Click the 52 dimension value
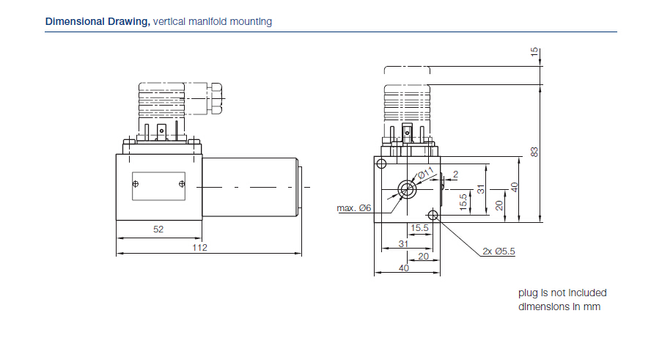coord(158,229)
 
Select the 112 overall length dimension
coord(200,248)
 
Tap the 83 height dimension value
coord(534,152)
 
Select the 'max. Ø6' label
coord(354,208)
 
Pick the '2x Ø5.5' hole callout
coord(499,251)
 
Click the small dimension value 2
coord(455,174)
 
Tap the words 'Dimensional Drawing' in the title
coord(98,21)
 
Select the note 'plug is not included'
coord(562,293)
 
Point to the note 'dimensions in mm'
coord(559,306)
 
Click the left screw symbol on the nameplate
coord(135,185)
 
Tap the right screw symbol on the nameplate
coord(181,185)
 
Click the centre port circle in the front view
coord(406,189)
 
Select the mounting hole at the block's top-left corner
coord(380,163)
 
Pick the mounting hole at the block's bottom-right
coord(433,216)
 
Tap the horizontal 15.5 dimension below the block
coord(419,228)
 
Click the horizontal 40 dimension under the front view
coord(403,268)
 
